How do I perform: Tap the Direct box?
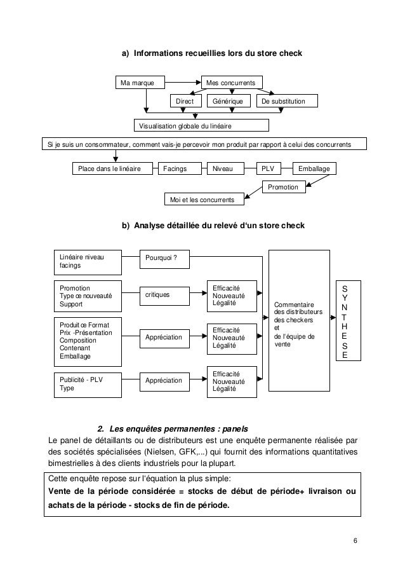[x=185, y=102]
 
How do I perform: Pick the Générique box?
[x=227, y=102]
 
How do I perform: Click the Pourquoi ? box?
[x=165, y=257]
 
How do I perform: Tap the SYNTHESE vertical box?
[x=345, y=321]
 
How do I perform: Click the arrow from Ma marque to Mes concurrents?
[x=182, y=83]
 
